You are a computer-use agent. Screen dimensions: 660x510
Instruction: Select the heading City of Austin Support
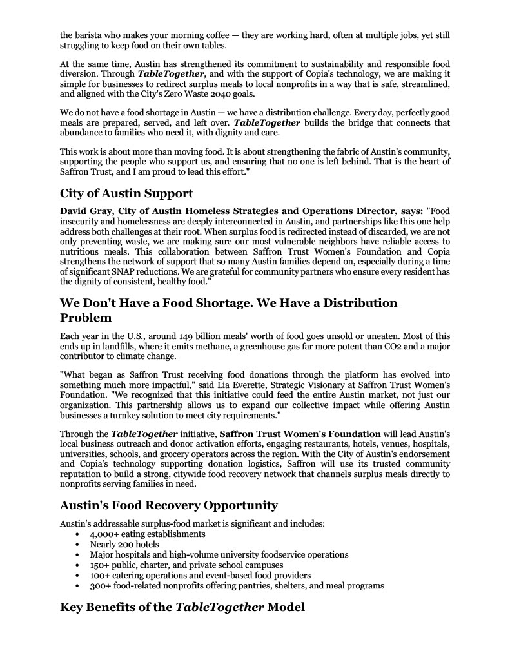pos(126,193)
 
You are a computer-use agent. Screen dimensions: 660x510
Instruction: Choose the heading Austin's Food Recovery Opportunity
pos(169,505)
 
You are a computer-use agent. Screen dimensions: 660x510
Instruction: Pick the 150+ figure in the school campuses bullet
pos(99,565)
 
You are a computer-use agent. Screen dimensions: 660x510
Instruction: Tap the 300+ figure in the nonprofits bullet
pos(99,586)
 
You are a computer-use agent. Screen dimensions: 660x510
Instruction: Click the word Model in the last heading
pos(286,607)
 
